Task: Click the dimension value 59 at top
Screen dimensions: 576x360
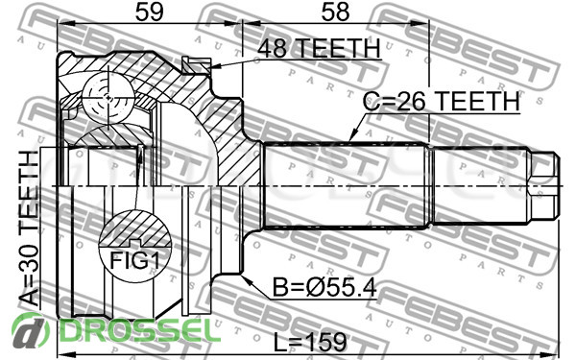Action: tap(149, 12)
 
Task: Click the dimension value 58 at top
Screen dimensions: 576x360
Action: tap(335, 12)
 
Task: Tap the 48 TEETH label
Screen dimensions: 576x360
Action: tap(319, 48)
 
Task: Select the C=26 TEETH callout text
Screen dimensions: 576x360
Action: tap(442, 101)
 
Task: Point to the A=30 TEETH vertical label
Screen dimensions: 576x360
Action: tap(29, 228)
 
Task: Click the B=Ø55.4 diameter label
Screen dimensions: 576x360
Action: tap(324, 287)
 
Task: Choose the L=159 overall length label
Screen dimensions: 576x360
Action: tap(310, 343)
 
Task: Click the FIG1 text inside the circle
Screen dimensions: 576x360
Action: tap(134, 261)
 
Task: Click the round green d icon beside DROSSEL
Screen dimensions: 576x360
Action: tap(31, 331)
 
